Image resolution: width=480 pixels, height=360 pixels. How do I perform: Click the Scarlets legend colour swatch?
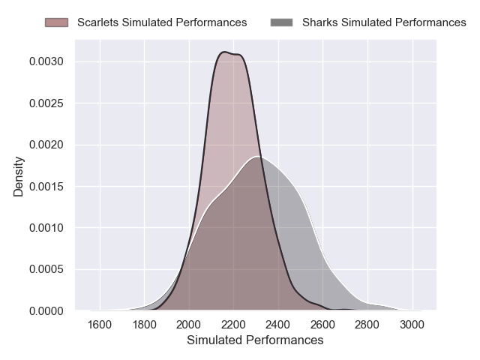coord(56,22)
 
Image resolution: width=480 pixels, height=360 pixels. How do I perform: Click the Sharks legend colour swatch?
coord(281,22)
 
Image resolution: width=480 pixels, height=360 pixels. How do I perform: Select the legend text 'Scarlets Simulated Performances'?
coord(162,22)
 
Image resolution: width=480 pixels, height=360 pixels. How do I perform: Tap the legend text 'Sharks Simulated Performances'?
coord(384,22)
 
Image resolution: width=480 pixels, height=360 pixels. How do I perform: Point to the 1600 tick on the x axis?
coord(100,325)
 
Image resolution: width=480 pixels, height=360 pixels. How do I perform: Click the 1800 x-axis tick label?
coord(145,325)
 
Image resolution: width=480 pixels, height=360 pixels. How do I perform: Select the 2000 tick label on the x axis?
coord(189,325)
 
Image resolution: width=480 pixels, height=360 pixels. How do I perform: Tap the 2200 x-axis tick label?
coord(233,325)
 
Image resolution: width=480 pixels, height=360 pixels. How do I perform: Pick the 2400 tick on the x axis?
coord(278,325)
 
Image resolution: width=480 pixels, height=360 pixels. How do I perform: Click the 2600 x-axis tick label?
coord(322,325)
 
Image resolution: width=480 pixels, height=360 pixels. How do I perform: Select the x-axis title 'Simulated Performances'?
coord(256,340)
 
